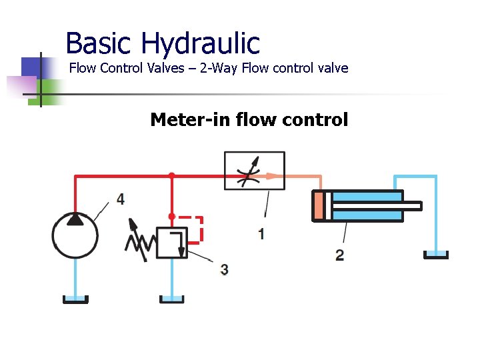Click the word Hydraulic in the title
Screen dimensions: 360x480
click(x=200, y=44)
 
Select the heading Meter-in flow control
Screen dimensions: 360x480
click(x=249, y=120)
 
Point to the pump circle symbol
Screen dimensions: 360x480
click(x=75, y=235)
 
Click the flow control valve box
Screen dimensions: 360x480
click(x=254, y=171)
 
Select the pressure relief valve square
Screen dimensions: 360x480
click(x=171, y=243)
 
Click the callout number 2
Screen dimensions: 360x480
click(x=340, y=255)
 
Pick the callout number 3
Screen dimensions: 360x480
click(x=224, y=269)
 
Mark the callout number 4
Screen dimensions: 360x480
click(x=120, y=199)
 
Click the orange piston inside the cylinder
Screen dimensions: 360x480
click(x=318, y=205)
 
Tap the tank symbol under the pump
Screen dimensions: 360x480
click(x=75, y=299)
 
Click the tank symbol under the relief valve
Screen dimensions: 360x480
click(x=171, y=299)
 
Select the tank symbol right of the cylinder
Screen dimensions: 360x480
click(x=437, y=255)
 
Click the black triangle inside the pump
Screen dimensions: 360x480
click(x=75, y=219)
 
